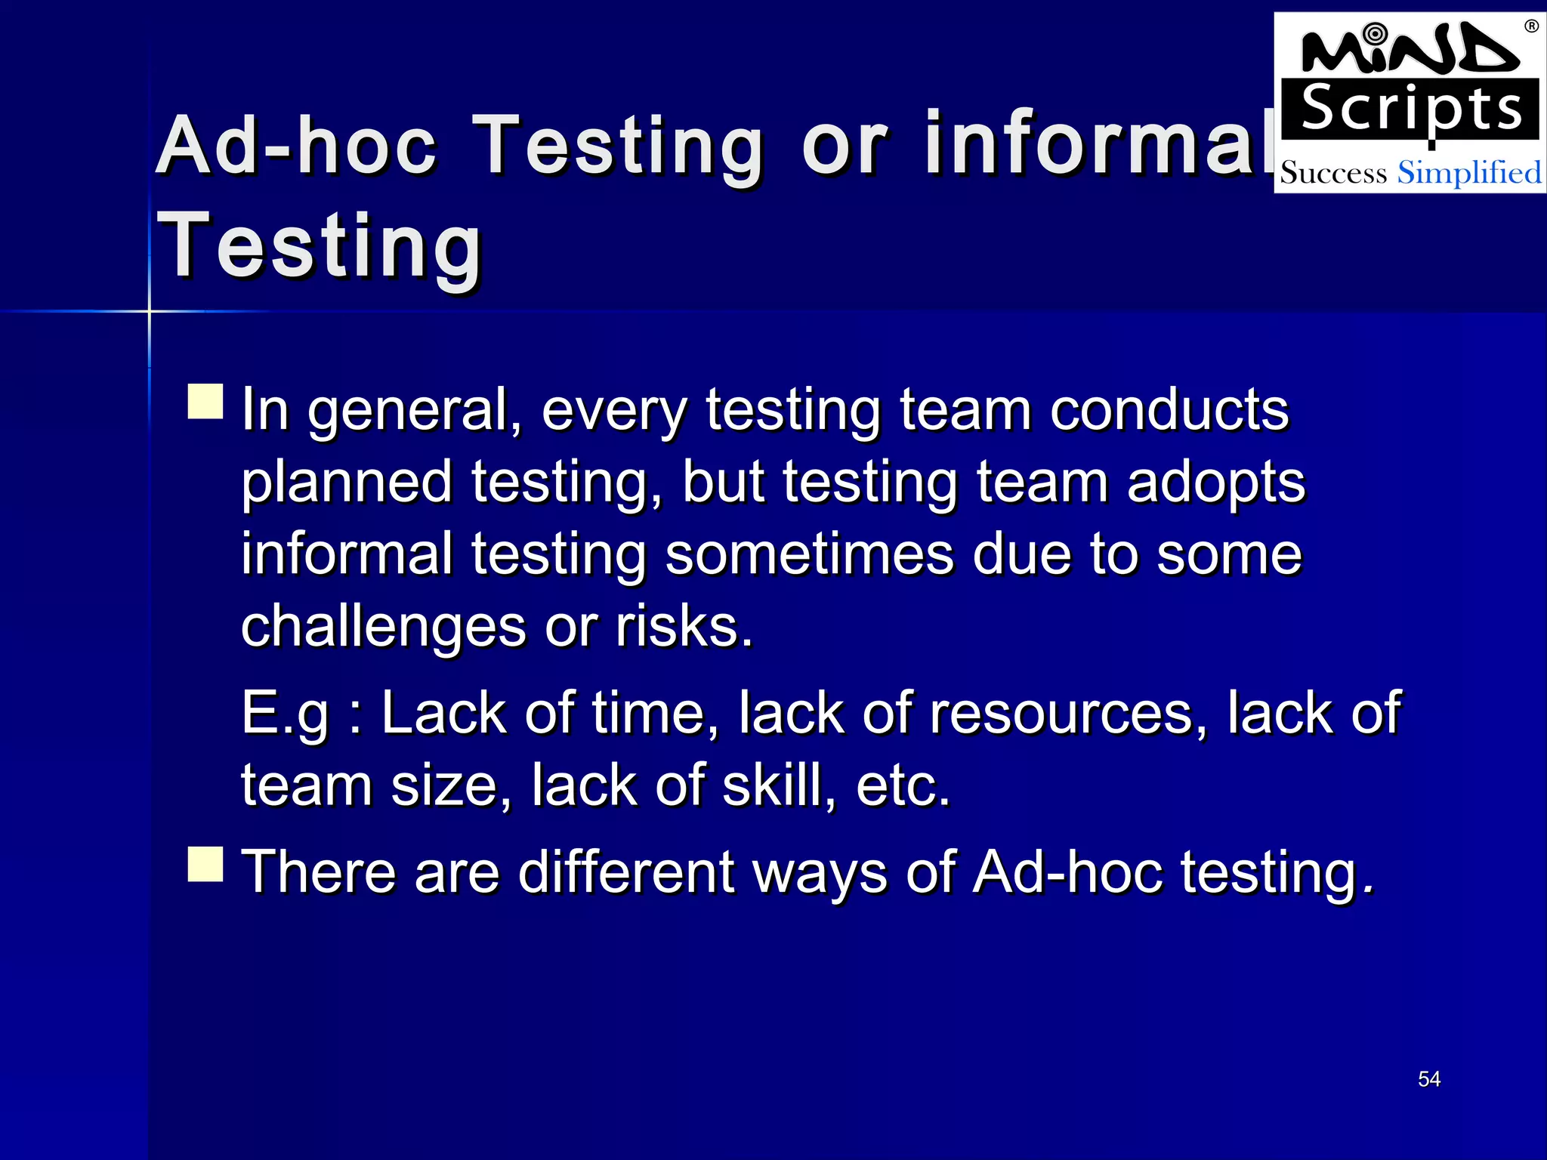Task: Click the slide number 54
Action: click(x=1428, y=1079)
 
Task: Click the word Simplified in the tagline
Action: click(x=1468, y=173)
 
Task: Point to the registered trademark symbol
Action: click(x=1531, y=26)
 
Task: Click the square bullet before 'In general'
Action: click(x=205, y=401)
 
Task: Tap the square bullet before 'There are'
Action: click(x=205, y=864)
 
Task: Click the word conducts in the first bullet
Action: click(x=1169, y=410)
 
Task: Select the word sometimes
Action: click(x=810, y=554)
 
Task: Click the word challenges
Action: click(x=383, y=628)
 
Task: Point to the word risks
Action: click(x=684, y=626)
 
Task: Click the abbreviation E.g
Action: click(x=285, y=714)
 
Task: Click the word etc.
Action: click(x=902, y=786)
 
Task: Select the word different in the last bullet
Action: click(x=626, y=872)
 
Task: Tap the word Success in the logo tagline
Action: click(x=1333, y=173)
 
